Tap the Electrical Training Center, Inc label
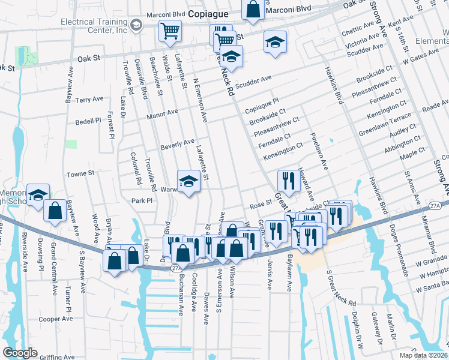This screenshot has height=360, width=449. click(x=94, y=25)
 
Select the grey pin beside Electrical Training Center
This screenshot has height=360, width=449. click(x=137, y=25)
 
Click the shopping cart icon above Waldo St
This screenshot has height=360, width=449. click(x=170, y=30)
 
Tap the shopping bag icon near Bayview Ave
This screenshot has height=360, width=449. click(x=55, y=211)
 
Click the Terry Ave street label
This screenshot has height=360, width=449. click(x=89, y=99)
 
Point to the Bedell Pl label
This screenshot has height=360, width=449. click(x=88, y=121)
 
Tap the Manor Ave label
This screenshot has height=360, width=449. click(x=164, y=112)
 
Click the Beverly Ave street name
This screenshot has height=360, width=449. click(x=177, y=144)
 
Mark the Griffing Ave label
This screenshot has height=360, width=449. click(x=57, y=356)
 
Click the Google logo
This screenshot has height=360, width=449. click(x=20, y=353)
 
